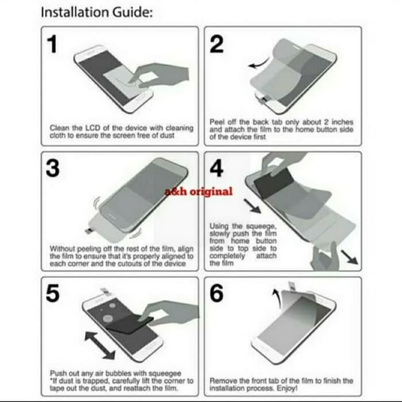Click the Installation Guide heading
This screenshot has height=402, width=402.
(96, 12)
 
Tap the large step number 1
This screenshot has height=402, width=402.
(53, 44)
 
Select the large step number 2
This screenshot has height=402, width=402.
(217, 44)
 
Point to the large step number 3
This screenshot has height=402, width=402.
(53, 168)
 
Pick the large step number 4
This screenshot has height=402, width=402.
(217, 168)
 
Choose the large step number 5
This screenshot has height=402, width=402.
(53, 293)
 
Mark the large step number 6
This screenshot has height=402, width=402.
(217, 293)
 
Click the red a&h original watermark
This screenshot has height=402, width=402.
(199, 191)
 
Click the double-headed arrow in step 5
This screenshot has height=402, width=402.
(100, 345)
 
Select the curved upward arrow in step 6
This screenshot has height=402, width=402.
(277, 297)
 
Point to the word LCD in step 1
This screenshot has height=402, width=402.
(93, 127)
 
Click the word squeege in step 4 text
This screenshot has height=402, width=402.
(261, 227)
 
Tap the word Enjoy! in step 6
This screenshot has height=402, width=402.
(287, 388)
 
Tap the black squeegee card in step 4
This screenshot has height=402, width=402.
(273, 183)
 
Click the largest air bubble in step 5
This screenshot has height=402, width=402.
(108, 319)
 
